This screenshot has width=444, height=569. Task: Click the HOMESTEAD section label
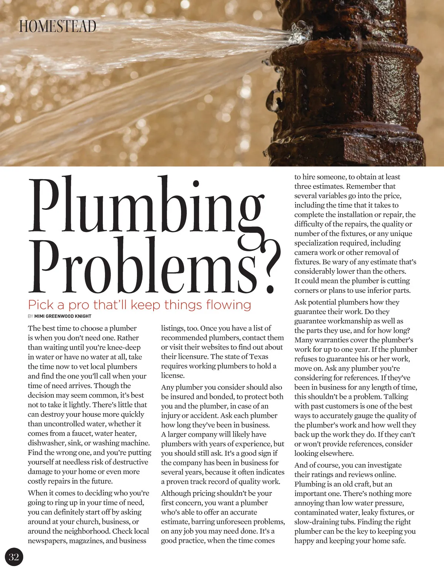58,26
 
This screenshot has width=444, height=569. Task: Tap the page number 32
14,557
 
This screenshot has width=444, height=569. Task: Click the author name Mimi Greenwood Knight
63,316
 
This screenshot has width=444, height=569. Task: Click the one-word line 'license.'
173,376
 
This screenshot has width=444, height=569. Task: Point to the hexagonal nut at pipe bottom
381,146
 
